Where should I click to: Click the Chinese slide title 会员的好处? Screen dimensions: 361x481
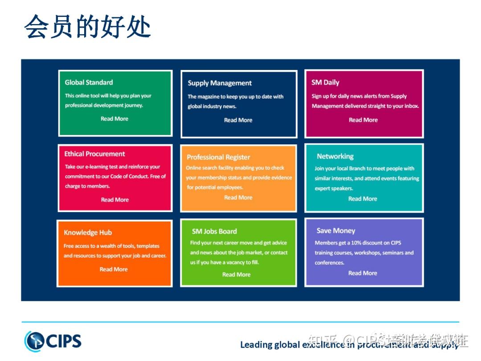(x=87, y=27)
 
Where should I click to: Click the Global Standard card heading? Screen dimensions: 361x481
(x=89, y=82)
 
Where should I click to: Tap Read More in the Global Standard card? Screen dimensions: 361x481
(x=114, y=119)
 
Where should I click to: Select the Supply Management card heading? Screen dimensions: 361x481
(x=220, y=83)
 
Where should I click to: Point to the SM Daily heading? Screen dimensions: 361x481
(x=325, y=82)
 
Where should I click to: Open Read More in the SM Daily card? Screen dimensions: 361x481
(x=363, y=120)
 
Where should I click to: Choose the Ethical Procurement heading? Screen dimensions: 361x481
(x=94, y=154)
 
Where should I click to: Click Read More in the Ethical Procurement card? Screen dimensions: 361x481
(x=115, y=200)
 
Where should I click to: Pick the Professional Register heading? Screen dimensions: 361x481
(x=218, y=157)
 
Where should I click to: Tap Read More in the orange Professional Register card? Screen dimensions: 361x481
(x=238, y=197)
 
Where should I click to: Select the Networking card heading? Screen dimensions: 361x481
(x=335, y=156)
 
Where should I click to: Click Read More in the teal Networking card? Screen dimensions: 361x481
(x=363, y=199)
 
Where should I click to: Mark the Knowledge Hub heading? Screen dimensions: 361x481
(x=88, y=233)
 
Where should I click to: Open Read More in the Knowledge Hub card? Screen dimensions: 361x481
(x=114, y=269)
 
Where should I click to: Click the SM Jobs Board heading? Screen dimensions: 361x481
(x=214, y=231)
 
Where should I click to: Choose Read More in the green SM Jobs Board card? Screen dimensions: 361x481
(x=236, y=275)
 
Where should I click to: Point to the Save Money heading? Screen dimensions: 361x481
(x=336, y=231)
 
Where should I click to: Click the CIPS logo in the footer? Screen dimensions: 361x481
(x=53, y=341)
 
